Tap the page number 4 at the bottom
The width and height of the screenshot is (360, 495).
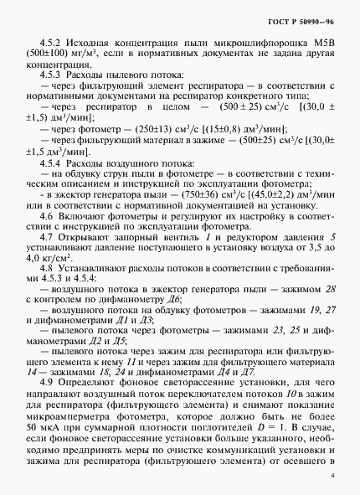(332, 476)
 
